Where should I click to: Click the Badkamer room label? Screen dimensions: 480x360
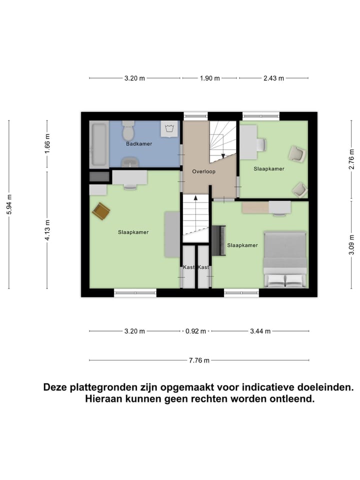pyautogui.click(x=139, y=144)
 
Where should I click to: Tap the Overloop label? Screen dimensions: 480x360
pyautogui.click(x=203, y=171)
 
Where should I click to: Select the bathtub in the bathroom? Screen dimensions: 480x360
pyautogui.click(x=98, y=145)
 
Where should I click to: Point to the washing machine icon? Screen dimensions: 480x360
pyautogui.click(x=168, y=129)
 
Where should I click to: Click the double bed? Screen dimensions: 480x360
pyautogui.click(x=285, y=259)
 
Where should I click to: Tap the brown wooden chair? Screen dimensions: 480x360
pyautogui.click(x=101, y=211)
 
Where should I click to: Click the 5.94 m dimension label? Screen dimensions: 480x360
pyautogui.click(x=9, y=204)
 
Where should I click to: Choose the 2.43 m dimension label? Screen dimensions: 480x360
pyautogui.click(x=273, y=78)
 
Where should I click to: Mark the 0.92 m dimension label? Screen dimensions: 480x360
pyautogui.click(x=195, y=331)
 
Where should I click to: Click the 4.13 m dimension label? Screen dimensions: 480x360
pyautogui.click(x=47, y=230)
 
